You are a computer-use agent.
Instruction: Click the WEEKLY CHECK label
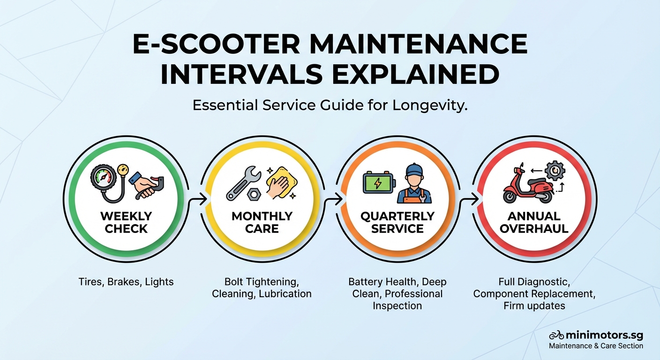pyautogui.click(x=127, y=222)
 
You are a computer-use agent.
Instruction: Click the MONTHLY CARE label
pyautogui.click(x=262, y=222)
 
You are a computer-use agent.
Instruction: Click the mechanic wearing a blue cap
pyautogui.click(x=413, y=183)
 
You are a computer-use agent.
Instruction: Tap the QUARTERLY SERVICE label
pyautogui.click(x=397, y=222)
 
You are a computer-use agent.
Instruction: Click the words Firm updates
pyautogui.click(x=534, y=306)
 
